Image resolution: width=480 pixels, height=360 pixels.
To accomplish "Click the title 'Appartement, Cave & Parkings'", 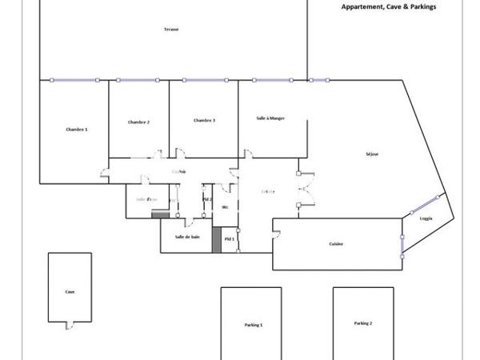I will point(388,6).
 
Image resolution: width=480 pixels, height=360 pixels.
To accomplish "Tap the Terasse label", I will point(171,30).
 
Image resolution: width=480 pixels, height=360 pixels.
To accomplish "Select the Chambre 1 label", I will point(77,130).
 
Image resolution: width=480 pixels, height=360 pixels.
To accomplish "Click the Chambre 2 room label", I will point(138,122).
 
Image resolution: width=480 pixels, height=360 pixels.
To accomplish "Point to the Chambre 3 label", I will point(204,120).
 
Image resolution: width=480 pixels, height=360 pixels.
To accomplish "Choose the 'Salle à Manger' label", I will point(270,118).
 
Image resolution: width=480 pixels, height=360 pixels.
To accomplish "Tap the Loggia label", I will point(426,218).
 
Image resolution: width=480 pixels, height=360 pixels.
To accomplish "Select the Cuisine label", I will point(336,244).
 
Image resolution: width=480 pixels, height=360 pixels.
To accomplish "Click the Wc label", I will point(226,207).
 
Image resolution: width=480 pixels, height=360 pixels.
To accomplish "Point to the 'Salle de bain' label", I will point(187,238).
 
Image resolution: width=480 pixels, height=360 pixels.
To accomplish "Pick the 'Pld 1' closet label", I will point(229,238).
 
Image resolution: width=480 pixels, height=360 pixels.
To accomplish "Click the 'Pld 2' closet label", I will point(207,198).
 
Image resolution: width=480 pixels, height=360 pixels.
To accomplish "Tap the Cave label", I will point(70,292).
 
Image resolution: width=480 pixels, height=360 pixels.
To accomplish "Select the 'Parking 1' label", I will point(254,325).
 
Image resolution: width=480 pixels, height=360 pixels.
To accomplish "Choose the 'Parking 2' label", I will point(363,323).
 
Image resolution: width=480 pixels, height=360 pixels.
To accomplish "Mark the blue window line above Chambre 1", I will point(74,80).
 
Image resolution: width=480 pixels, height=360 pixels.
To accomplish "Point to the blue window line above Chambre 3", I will point(205,80).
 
